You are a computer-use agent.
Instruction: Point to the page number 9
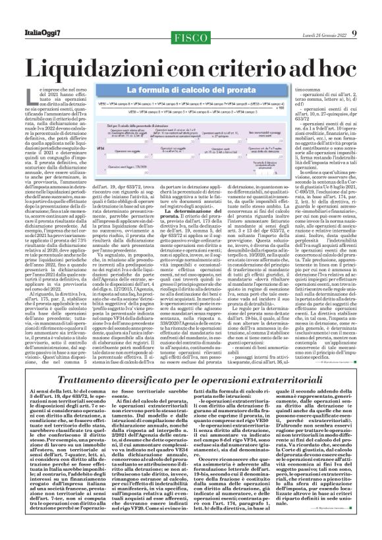tap(373, 14)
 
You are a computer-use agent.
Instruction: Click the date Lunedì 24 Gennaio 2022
tap(333, 15)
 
